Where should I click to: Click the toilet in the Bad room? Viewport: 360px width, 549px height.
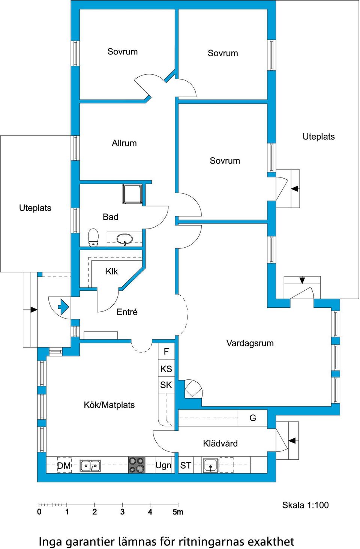coord(93,237)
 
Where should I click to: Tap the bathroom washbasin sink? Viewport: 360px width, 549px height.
coord(124,239)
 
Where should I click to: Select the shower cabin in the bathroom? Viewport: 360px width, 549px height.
coord(132,194)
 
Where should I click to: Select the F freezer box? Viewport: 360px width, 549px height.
coord(166,352)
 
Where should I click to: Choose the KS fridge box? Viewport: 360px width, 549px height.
coord(166,369)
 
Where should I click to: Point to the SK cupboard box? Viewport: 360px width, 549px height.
coord(166,385)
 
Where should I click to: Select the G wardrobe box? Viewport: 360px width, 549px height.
coord(252,418)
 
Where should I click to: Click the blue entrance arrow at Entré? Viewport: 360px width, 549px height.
coord(63,307)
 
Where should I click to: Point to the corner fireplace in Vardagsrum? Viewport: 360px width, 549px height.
coord(193,389)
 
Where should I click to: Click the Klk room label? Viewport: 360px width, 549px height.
coord(112,271)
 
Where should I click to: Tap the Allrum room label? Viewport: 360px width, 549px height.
coord(124,143)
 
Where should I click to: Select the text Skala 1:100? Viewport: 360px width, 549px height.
coord(305,505)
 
